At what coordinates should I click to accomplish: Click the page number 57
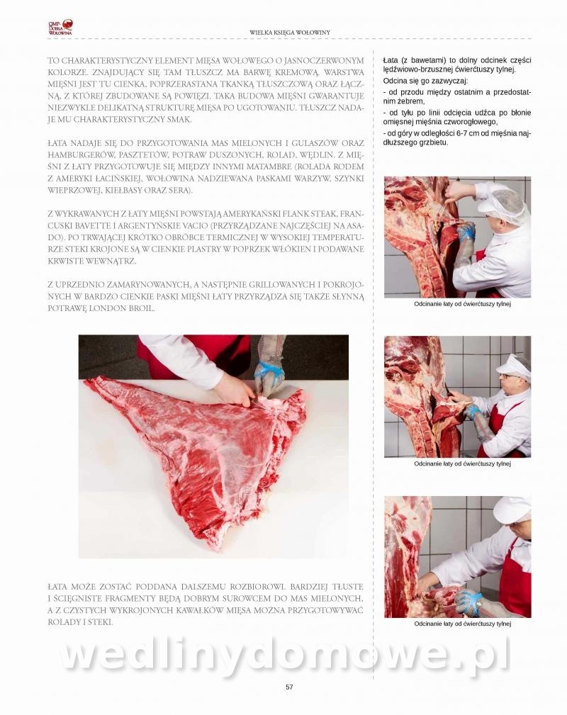point(288,687)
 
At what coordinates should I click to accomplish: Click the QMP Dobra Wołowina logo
point(61,28)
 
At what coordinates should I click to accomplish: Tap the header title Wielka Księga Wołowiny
point(290,33)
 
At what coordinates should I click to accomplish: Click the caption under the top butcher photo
point(462,304)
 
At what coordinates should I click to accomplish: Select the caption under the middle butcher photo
point(462,463)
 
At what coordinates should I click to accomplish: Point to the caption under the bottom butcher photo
point(462,624)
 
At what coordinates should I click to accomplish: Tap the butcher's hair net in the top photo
point(503,206)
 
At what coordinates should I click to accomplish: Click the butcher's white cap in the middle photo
point(513,366)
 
